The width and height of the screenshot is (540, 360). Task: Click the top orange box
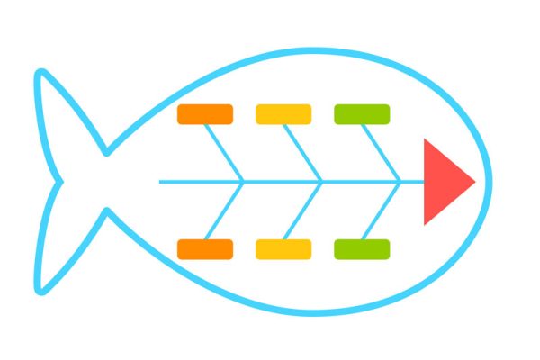205,114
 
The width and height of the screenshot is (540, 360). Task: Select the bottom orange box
205,249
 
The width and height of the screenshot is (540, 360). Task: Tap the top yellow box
283,114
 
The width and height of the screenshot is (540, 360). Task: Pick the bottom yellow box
283,249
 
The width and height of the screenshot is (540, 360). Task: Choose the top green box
362,114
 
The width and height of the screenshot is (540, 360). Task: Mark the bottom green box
362,249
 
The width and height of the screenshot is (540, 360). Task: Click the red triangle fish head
443,182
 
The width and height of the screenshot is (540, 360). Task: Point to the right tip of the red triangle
473,182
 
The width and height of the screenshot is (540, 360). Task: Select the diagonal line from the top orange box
225,153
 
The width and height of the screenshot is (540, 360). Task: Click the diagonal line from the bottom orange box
225,211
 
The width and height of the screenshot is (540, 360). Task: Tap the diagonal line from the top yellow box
303,153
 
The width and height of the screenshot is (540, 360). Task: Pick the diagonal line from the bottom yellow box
303,211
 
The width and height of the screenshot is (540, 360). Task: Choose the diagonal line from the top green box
382,153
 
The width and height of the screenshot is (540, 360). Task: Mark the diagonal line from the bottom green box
382,211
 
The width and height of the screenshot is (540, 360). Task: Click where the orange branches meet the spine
244,182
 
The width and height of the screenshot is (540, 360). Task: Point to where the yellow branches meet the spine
322,182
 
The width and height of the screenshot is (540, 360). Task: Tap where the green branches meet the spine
400,182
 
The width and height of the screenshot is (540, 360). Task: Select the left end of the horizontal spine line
160,182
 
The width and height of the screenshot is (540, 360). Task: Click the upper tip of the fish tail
40,72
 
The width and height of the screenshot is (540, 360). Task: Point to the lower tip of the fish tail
40,290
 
